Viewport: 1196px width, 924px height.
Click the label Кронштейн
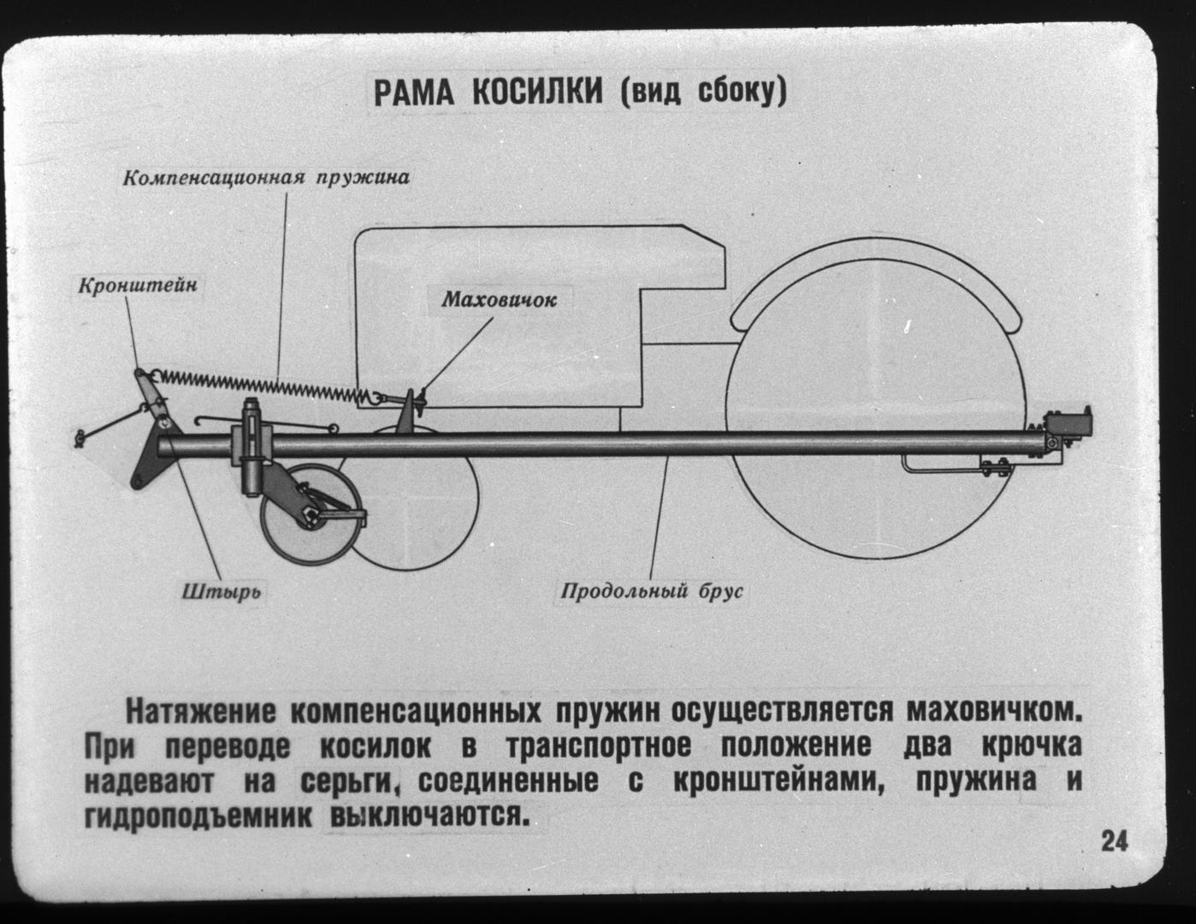pyautogui.click(x=138, y=286)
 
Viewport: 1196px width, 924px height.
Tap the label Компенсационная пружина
pyautogui.click(x=266, y=178)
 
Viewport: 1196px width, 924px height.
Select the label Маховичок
pyautogui.click(x=500, y=299)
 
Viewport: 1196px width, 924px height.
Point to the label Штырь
pyautogui.click(x=222, y=592)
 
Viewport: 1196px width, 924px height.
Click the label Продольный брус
pyautogui.click(x=652, y=591)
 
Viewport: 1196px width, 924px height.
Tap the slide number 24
pyautogui.click(x=1115, y=842)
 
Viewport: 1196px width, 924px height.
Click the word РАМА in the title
pyautogui.click(x=414, y=93)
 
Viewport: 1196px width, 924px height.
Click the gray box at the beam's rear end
pyautogui.click(x=1069, y=424)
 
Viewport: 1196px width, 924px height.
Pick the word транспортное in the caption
pyautogui.click(x=598, y=747)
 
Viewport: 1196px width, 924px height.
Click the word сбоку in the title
pyautogui.click(x=738, y=93)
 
